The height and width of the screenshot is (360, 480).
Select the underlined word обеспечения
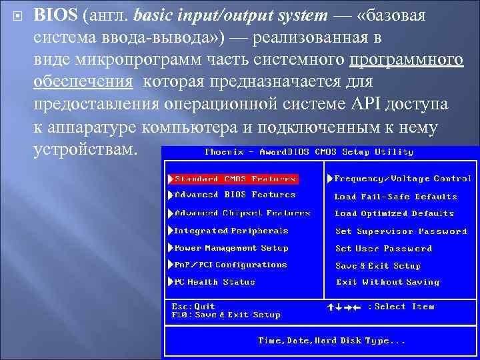click(x=83, y=81)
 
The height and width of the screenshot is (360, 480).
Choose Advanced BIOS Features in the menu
click(x=235, y=195)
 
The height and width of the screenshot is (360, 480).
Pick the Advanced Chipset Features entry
click(x=242, y=213)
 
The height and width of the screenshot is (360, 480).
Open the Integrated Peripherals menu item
click(x=231, y=231)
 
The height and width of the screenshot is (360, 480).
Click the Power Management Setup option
click(x=231, y=248)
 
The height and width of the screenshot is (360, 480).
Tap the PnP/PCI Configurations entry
click(x=231, y=265)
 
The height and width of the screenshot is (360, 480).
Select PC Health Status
click(x=215, y=282)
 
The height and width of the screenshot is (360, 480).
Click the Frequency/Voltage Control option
click(x=402, y=179)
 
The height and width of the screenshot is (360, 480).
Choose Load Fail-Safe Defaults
click(x=395, y=197)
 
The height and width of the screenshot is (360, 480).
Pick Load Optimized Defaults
click(x=394, y=214)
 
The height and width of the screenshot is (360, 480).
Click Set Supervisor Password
click(x=401, y=231)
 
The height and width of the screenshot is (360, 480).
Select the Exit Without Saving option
click(x=387, y=282)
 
